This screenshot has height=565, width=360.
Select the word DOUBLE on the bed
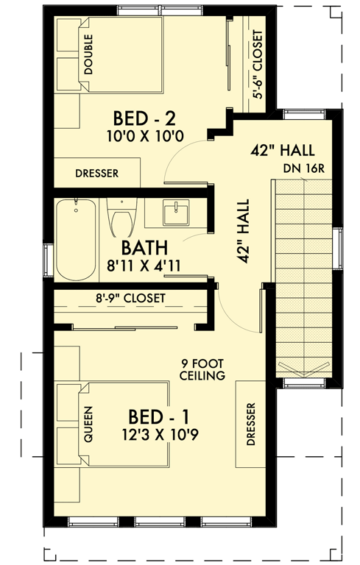coord(88,54)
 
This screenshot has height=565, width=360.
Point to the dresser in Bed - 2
coord(97,174)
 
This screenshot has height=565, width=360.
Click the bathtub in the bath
coord(77,239)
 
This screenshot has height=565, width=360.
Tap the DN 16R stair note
coord(301,169)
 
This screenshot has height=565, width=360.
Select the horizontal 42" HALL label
coord(283,150)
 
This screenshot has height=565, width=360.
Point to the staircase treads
coord(303,280)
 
